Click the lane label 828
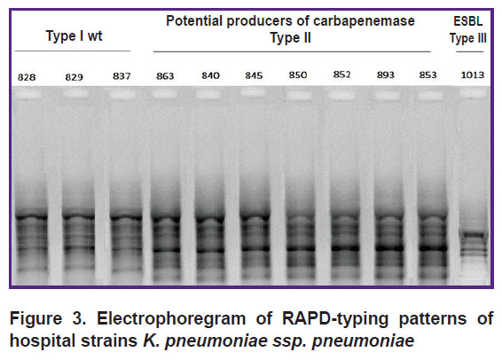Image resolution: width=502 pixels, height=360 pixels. pos(27,77)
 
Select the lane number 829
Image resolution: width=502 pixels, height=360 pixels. pos(74,77)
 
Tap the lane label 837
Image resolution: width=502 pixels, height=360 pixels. pos(122,76)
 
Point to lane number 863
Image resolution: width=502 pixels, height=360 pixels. pos(165,76)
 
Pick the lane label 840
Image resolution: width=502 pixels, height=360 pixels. pos(210,75)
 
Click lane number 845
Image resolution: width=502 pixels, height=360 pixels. pos(254,75)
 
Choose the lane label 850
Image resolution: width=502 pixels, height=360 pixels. pos(298,74)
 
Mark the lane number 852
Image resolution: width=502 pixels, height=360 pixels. pos(341,74)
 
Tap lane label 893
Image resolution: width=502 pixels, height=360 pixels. pos(386,74)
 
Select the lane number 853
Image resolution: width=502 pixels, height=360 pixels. pos(428,74)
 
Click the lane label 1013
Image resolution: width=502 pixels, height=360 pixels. pos(473,74)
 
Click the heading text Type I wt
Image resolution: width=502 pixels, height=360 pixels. pos(74,35)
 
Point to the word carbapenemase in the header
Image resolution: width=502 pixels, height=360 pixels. pos(364,21)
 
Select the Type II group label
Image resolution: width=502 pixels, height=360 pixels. pos(290,38)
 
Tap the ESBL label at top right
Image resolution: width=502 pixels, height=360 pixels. pos(467,21)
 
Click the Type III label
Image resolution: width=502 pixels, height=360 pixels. pos(467,38)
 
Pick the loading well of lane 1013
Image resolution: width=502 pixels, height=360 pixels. pos(474,93)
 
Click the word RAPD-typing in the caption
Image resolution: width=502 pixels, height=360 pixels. pos(335,318)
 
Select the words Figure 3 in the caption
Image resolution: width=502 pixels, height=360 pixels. pos(48,318)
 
